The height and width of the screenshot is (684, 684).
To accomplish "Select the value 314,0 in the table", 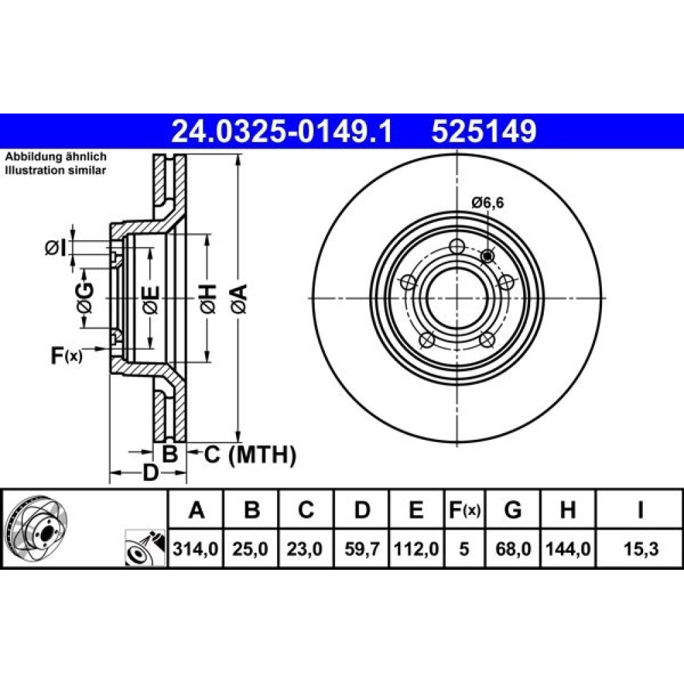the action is (x=196, y=549).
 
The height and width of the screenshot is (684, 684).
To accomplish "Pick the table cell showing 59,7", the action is (x=362, y=549).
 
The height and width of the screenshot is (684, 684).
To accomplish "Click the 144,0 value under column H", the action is (x=568, y=549).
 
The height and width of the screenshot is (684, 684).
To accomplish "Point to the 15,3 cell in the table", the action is (x=640, y=549).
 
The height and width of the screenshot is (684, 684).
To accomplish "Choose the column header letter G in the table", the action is (x=512, y=510).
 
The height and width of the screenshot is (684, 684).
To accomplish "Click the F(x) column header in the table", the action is (x=464, y=510).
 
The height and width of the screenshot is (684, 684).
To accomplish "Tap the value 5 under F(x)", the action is (x=464, y=549).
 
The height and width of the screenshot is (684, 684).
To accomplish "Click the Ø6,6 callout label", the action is (x=487, y=203).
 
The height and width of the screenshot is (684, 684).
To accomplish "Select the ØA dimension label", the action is (x=239, y=299).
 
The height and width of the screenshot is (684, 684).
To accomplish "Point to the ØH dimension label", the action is (x=208, y=299).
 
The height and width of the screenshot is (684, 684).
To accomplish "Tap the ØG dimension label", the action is (x=85, y=298).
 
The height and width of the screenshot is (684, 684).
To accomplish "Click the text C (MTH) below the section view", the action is (x=250, y=455).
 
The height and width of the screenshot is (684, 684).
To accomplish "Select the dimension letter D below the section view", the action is (x=150, y=473).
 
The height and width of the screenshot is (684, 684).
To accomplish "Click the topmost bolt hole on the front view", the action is (x=456, y=246).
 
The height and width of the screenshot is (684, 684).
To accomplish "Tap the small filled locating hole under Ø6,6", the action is (x=487, y=256).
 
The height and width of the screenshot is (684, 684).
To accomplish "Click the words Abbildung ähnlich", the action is (x=56, y=157).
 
